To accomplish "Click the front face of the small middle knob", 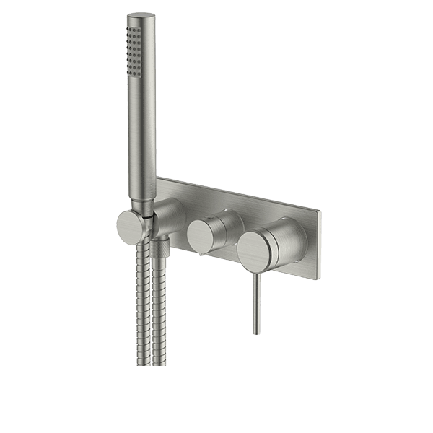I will pos(201,237).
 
